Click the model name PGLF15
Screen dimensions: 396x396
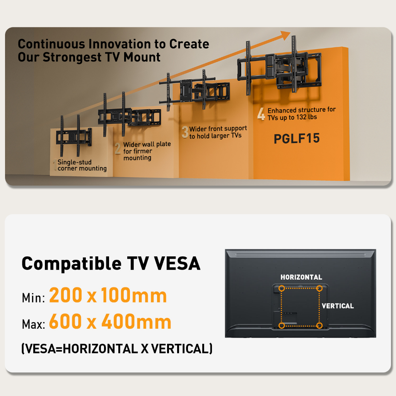click(297, 138)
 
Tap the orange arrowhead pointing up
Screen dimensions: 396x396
click(285, 35)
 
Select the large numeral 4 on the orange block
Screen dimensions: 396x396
click(261, 114)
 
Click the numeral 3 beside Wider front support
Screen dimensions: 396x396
click(185, 132)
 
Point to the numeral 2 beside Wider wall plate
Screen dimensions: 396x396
click(118, 148)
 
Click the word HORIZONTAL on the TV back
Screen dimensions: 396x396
click(301, 277)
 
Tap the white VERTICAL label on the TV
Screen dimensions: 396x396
click(338, 306)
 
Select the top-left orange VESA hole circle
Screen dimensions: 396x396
click(282, 288)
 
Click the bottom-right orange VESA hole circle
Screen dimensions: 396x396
click(319, 326)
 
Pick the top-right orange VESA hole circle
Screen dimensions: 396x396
click(319, 288)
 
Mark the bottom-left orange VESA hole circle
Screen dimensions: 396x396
click(282, 326)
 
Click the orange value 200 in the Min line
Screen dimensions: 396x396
click(66, 295)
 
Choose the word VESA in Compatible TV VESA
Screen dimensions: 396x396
click(177, 263)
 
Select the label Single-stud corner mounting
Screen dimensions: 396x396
click(82, 165)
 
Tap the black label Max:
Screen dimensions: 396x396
click(33, 324)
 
